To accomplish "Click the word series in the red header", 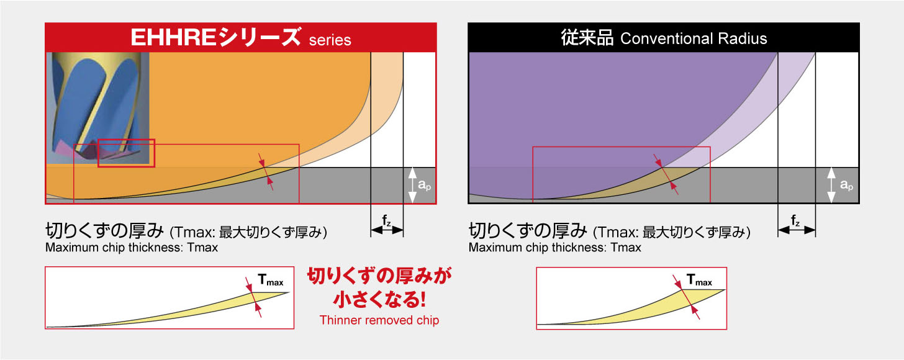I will coord(330,40).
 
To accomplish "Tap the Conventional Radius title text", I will coord(694,38).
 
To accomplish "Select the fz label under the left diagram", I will coord(387,219).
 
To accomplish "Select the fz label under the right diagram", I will coord(796,219).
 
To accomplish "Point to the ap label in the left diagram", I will coord(423,185).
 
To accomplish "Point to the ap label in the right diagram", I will coord(846,185).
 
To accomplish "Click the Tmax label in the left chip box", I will coord(271,282).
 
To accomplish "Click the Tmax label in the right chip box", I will coord(698,282).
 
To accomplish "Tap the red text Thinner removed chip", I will coord(379,320).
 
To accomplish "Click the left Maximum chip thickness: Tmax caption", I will coord(131,248).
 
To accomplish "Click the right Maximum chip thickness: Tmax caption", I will coord(554,248).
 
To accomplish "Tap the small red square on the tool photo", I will coord(126,153).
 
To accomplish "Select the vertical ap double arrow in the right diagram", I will coord(833,185).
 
